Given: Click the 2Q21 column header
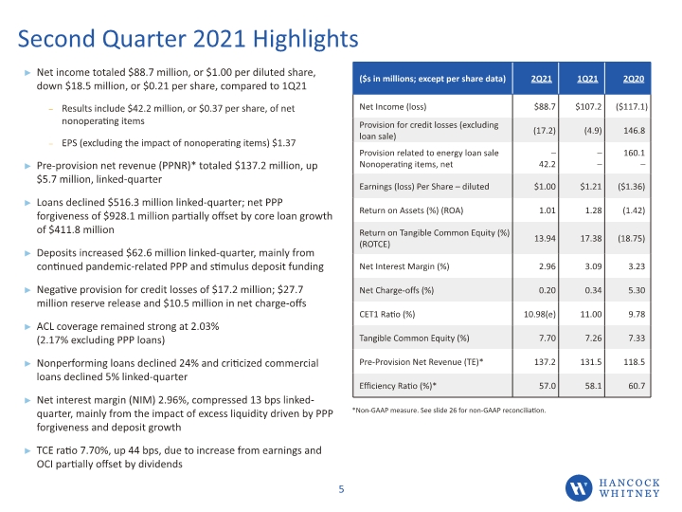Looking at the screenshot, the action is (x=541, y=79).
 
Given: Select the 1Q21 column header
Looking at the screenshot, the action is (x=587, y=79).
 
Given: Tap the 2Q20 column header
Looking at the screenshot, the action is (x=634, y=79).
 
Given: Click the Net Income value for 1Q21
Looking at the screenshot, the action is (x=588, y=106).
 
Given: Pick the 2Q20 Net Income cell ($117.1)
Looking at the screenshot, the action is (x=632, y=106).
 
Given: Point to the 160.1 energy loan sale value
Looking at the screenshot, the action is (x=634, y=153).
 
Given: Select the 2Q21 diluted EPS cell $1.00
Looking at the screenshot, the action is (x=545, y=187).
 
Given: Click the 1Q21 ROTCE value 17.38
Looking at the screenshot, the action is (x=591, y=238).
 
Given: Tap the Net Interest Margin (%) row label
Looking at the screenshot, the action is (x=404, y=266).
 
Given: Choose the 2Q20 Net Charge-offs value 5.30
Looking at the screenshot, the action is (x=637, y=290).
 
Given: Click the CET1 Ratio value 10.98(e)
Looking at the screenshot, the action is (x=540, y=315).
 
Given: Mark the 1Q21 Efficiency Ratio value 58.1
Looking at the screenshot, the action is (x=593, y=386).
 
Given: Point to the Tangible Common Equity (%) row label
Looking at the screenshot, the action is (x=414, y=338).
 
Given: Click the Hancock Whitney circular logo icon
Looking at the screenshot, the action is (x=579, y=487).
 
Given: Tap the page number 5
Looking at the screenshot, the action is (x=341, y=489).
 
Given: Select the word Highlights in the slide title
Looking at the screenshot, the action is (x=306, y=39).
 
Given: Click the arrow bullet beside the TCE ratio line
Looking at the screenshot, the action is (x=27, y=451).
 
